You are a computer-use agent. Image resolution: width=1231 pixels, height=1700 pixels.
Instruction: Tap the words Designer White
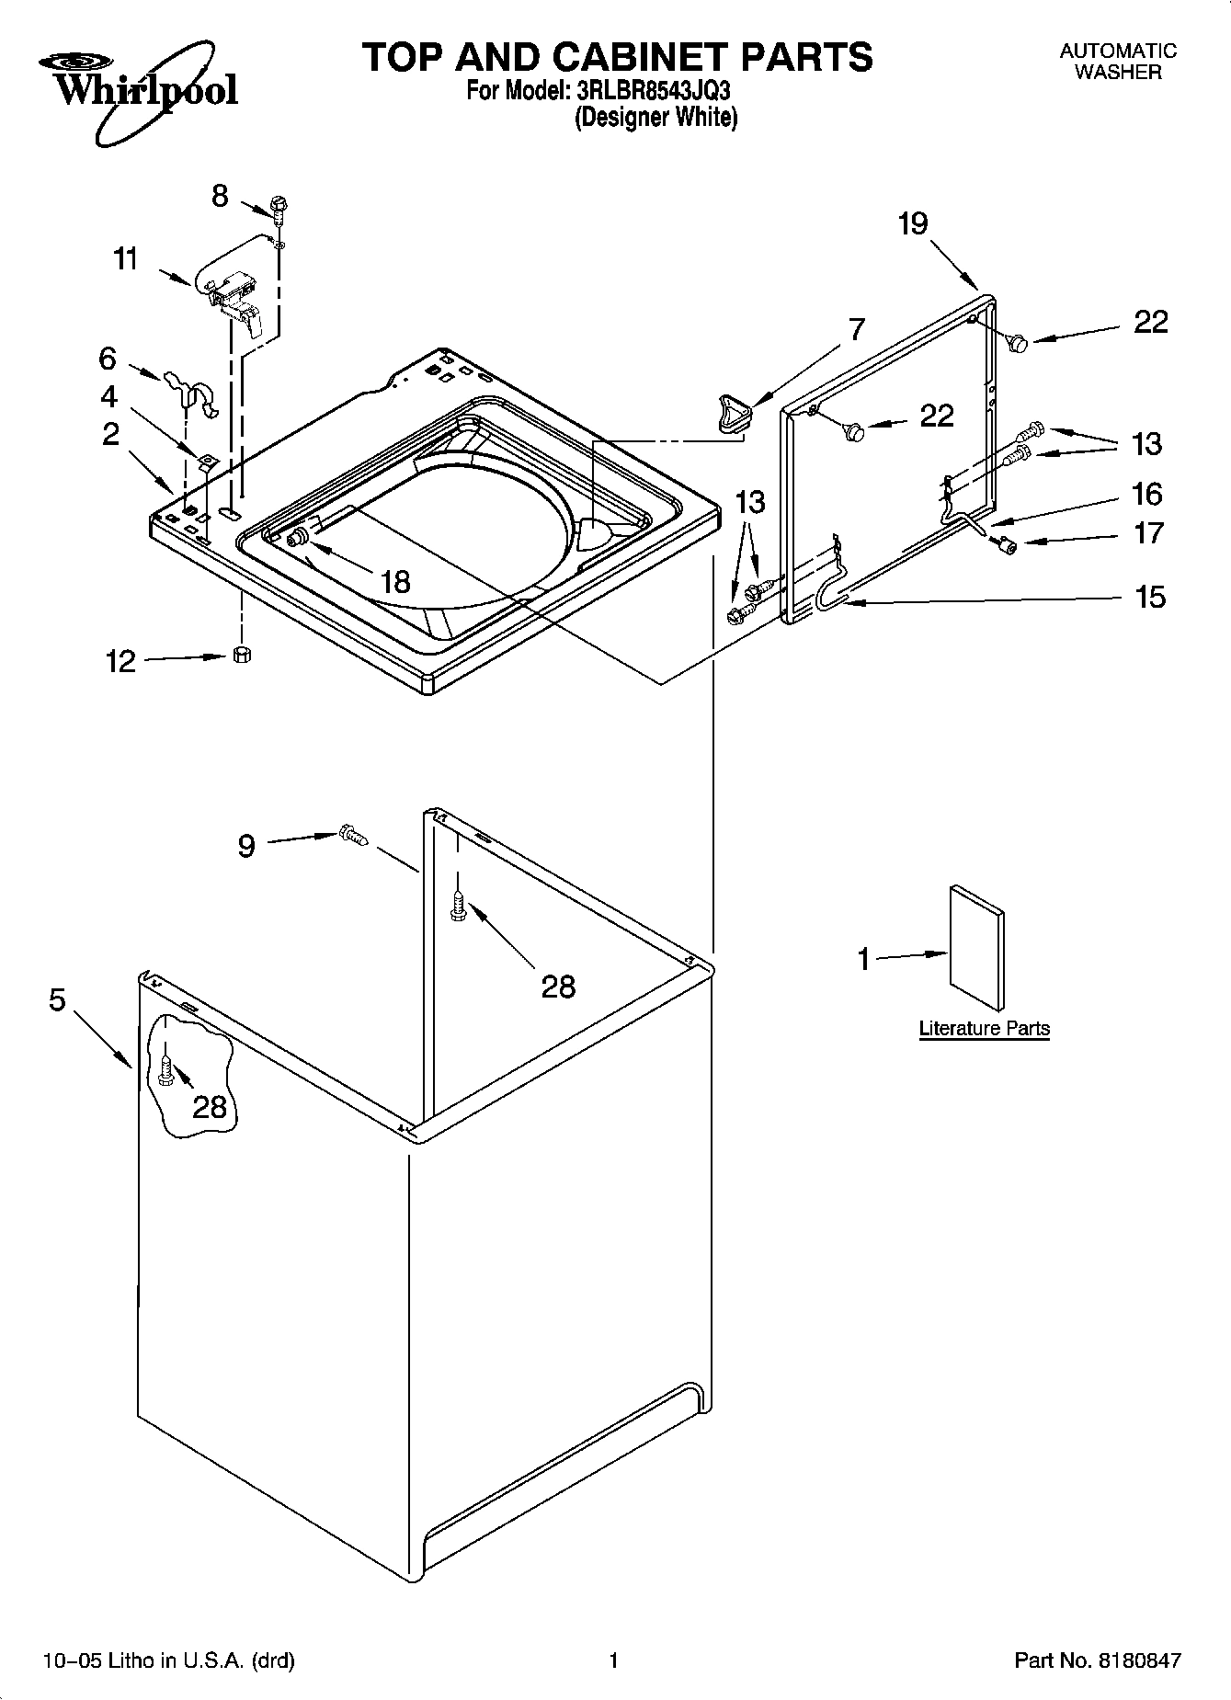(656, 118)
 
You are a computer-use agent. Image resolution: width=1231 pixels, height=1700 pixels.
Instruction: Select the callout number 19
(913, 223)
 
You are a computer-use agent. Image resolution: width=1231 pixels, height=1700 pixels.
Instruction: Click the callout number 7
(856, 329)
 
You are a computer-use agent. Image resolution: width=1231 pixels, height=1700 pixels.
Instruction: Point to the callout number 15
(1149, 598)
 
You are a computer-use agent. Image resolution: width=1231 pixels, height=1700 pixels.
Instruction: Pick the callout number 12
(120, 661)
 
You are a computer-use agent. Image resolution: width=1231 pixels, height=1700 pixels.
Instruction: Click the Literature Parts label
(984, 1028)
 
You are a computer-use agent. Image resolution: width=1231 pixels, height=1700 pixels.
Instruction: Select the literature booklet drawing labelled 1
(976, 948)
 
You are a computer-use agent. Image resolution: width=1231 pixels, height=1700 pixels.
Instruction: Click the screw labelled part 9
(353, 835)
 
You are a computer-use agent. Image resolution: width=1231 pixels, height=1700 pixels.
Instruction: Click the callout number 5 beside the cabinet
(58, 999)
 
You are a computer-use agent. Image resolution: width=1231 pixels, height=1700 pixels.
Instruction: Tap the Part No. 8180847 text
(1097, 1660)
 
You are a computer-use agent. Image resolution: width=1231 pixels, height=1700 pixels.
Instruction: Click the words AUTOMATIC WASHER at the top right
(1118, 62)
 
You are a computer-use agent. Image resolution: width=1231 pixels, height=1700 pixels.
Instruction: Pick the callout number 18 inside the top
(394, 582)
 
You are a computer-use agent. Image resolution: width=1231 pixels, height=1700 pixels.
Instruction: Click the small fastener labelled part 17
(1006, 546)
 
